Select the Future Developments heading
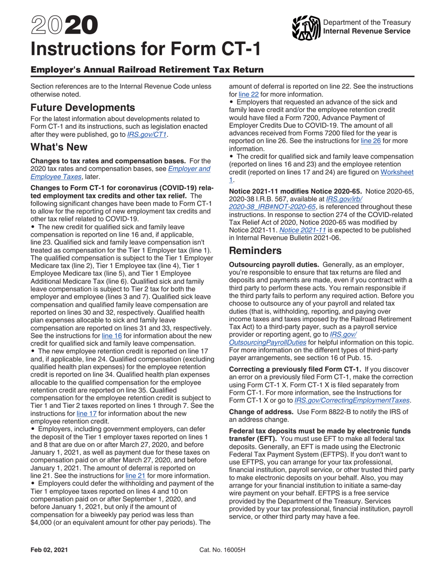[x=82, y=107]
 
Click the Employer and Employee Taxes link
[x=120, y=173]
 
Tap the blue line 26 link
[x=370, y=140]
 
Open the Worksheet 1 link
[x=397, y=172]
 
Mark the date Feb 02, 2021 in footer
[x=45, y=550]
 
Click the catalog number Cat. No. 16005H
[x=222, y=550]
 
